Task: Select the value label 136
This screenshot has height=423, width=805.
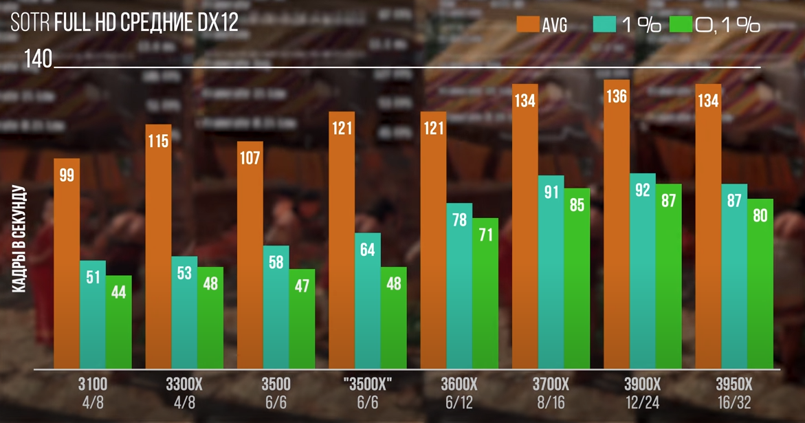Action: click(x=617, y=96)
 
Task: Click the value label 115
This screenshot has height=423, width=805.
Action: click(x=158, y=141)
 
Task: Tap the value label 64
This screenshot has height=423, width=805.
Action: click(x=368, y=249)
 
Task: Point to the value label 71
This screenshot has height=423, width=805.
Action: click(x=485, y=235)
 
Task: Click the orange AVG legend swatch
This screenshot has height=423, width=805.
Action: click(x=527, y=25)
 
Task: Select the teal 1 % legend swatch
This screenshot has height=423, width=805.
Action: click(x=604, y=25)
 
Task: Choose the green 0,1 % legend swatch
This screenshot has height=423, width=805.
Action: click(x=680, y=25)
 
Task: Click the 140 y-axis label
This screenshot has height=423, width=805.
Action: click(x=38, y=59)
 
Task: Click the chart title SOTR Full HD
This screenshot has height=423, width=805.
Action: click(x=124, y=22)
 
